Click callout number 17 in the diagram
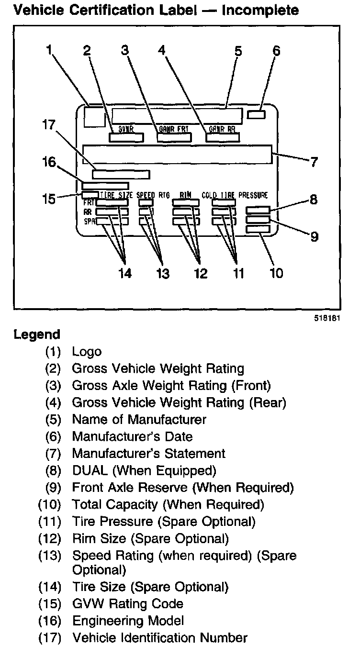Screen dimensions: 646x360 (49, 125)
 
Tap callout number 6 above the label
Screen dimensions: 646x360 (276, 51)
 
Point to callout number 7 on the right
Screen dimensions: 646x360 (314, 162)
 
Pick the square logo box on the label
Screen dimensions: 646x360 (94, 117)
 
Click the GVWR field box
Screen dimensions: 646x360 (126, 138)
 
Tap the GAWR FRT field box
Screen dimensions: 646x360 (174, 138)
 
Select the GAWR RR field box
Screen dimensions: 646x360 (223, 138)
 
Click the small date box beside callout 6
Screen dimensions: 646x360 (257, 115)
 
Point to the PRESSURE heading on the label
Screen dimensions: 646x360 (253, 195)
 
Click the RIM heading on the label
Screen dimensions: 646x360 (186, 195)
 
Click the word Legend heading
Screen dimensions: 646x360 (37, 334)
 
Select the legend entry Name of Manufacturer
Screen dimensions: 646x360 (139, 420)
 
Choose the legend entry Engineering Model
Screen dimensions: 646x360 (128, 621)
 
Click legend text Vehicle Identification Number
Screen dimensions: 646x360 (159, 637)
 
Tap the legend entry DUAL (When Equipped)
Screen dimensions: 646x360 (144, 470)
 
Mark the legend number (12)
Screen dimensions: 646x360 (50, 538)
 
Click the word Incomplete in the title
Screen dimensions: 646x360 (260, 10)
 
